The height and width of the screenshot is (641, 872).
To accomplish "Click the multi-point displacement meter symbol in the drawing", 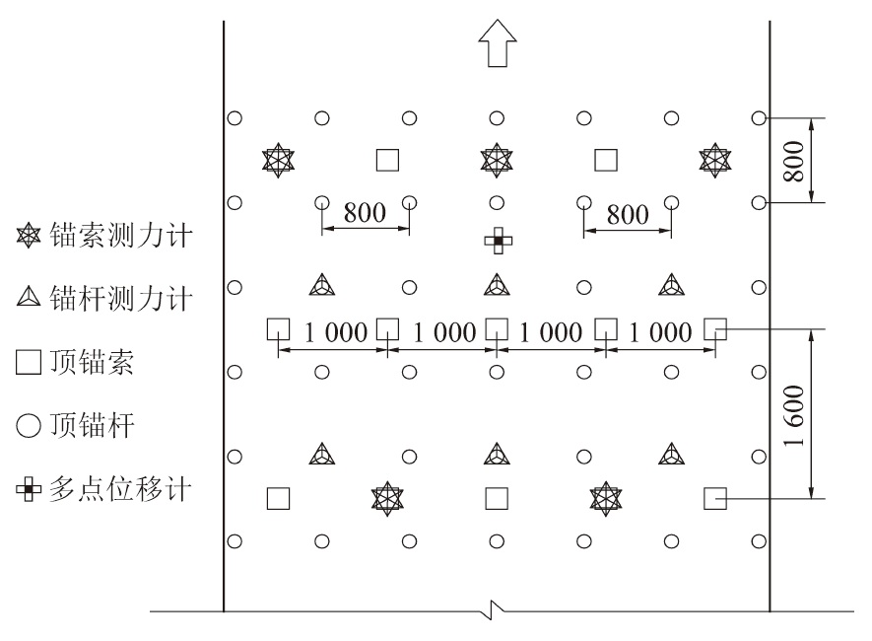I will click(x=498, y=241).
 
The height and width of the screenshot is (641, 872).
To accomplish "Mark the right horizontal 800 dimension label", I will click(x=627, y=214).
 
